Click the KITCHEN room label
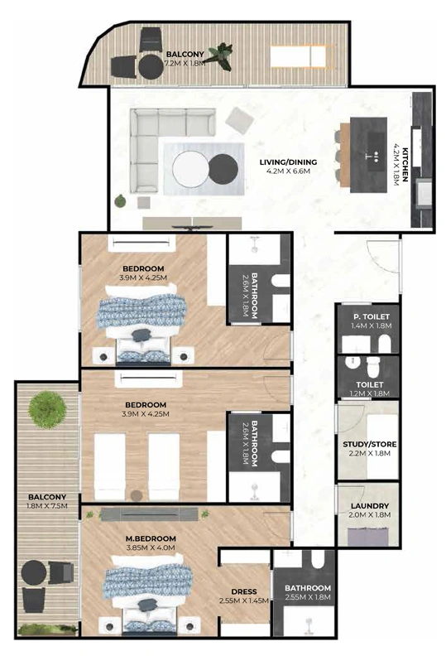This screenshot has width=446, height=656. pos(405,165)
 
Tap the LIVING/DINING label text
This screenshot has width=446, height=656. pos(288,162)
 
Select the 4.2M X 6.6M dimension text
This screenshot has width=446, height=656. pos(288,171)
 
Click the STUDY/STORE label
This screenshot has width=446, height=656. pos(370,444)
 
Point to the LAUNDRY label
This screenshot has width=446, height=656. pos(370,506)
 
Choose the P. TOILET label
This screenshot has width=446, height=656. pos(371,316)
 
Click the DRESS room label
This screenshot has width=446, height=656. pos(244,591)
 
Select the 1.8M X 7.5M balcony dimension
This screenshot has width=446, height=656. pos(47,506)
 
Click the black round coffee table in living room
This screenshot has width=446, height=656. pos(223,169)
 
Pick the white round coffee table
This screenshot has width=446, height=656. pos(190,169)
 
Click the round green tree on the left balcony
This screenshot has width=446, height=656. pos(47,409)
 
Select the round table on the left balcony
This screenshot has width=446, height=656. pos(34,572)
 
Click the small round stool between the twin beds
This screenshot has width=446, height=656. pos(137,495)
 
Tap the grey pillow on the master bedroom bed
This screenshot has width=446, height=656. pos(147,604)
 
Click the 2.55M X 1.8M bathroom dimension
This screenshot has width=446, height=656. pos(308,597)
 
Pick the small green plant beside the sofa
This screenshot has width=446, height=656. pos(120,201)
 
